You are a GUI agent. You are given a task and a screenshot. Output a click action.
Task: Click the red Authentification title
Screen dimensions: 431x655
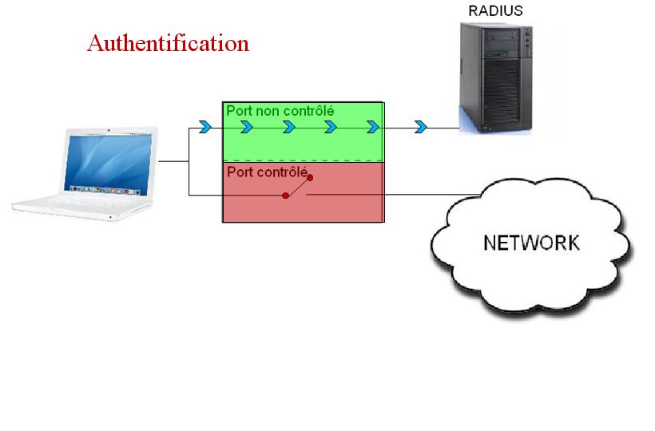point(168,42)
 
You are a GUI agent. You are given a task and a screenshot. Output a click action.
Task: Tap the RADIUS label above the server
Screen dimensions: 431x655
point(496,11)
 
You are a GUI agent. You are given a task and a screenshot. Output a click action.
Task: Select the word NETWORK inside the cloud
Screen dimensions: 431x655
point(532,243)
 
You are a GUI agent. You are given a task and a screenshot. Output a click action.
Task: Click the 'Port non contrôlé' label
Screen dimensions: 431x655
point(280,111)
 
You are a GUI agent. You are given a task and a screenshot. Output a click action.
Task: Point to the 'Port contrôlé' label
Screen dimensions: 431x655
point(267,172)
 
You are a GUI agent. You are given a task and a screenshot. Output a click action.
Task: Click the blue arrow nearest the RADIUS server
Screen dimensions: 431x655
point(420,127)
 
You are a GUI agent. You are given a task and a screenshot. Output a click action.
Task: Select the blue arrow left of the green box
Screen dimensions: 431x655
point(205,127)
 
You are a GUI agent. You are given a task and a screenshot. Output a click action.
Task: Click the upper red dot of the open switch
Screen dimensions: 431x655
point(310,177)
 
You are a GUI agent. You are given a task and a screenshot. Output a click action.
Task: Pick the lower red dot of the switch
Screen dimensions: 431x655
point(285,195)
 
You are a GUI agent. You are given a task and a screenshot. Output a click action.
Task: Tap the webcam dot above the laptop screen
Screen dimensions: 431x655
point(108,128)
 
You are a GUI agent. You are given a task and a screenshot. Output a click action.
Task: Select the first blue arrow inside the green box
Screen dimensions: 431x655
point(247,127)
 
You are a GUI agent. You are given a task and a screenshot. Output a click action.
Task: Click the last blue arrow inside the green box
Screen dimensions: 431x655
point(372,127)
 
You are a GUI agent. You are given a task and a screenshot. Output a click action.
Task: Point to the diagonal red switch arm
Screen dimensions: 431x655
point(298,186)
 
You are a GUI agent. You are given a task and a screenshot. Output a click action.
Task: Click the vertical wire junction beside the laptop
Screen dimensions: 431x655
point(189,160)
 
